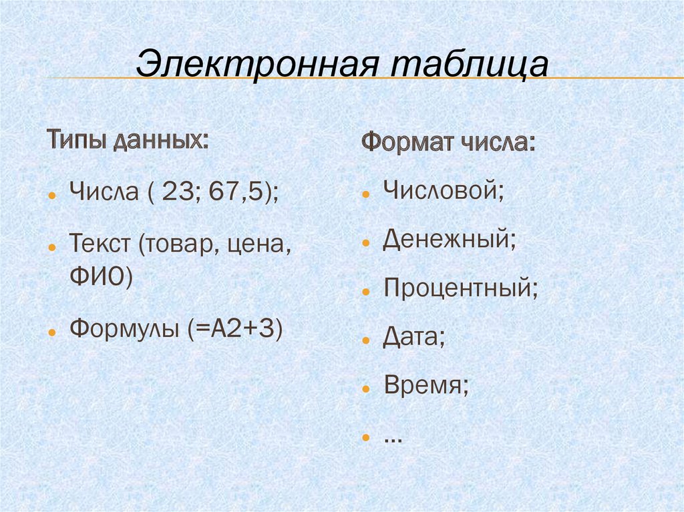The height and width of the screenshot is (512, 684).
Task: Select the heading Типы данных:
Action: pos(128,140)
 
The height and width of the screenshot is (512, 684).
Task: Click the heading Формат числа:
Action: pos(448,142)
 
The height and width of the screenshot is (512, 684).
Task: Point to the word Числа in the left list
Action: pos(104,191)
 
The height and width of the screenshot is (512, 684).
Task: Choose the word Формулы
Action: pos(124,328)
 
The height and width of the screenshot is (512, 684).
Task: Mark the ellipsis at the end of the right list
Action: pos(393,439)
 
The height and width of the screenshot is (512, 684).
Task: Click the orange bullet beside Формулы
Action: pos(53,332)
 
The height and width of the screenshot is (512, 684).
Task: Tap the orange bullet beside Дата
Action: pos(366,340)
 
